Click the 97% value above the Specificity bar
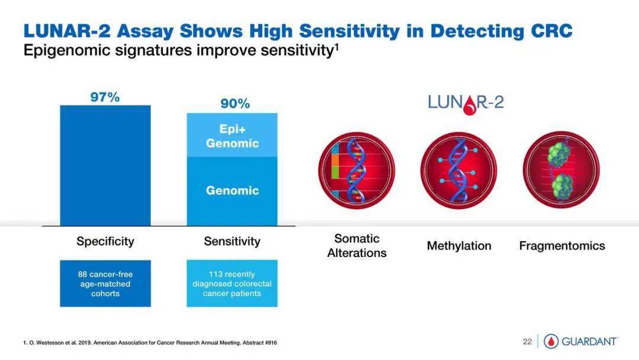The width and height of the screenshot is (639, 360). (105, 97)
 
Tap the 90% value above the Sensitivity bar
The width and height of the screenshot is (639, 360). (235, 104)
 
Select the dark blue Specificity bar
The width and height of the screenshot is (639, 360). (105, 166)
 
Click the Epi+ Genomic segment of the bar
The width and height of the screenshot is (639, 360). (233, 136)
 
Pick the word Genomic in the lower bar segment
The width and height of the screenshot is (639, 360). (233, 191)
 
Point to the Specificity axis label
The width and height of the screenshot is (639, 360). (105, 242)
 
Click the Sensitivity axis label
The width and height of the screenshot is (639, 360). (232, 242)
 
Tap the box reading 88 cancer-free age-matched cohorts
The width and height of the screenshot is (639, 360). (105, 284)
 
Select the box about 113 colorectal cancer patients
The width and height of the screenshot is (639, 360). (232, 284)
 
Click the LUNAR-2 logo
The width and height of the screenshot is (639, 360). (466, 104)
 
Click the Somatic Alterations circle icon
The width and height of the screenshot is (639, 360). (357, 171)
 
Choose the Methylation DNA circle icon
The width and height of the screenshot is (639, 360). (459, 171)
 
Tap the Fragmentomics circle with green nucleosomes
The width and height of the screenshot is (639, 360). (561, 171)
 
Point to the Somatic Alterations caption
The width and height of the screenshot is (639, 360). (357, 246)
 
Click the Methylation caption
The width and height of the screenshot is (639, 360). (459, 246)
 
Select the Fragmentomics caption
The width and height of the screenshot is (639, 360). (562, 246)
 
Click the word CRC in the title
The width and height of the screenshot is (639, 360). (551, 31)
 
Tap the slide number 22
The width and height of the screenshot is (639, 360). (527, 342)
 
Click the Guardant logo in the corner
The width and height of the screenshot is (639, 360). (581, 342)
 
